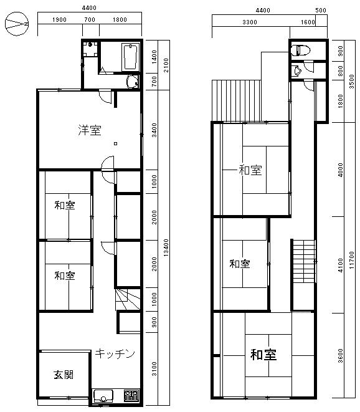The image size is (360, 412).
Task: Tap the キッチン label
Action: [115, 354]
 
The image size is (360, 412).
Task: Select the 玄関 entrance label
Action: [64, 375]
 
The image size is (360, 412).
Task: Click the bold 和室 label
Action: [263, 355]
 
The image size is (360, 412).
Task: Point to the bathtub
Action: [130, 57]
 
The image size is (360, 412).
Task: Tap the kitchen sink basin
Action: [103, 396]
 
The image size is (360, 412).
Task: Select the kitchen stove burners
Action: [131, 395]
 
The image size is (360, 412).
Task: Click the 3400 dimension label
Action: [154, 130]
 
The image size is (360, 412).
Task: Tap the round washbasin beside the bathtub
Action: [131, 81]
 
